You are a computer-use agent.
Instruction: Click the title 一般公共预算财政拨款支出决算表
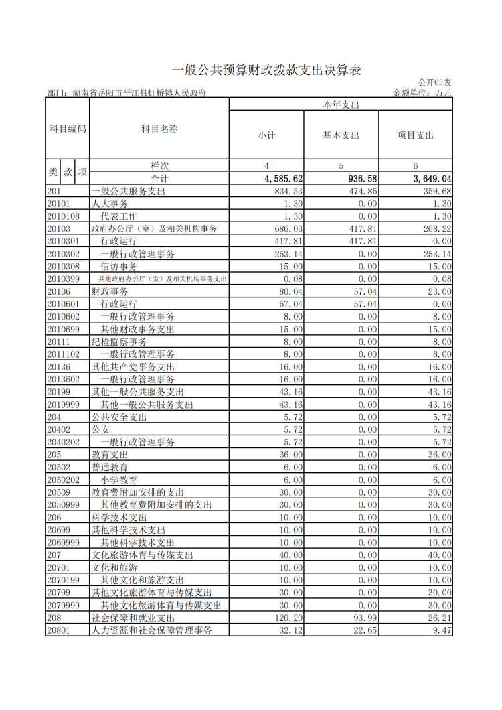coord(266,70)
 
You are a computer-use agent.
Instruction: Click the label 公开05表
coord(436,82)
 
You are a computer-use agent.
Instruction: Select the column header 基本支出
coord(341,135)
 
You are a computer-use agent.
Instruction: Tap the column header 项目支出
coord(415,135)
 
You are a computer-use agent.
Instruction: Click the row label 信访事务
coord(119,267)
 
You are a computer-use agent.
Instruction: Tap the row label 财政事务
coord(110,291)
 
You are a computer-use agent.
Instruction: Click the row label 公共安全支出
coord(119,417)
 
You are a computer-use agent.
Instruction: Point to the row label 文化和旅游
coord(114,567)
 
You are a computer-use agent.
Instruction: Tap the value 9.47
coord(442,630)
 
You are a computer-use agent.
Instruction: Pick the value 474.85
coord(361,192)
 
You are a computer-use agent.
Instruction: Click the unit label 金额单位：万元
coord(422,93)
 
